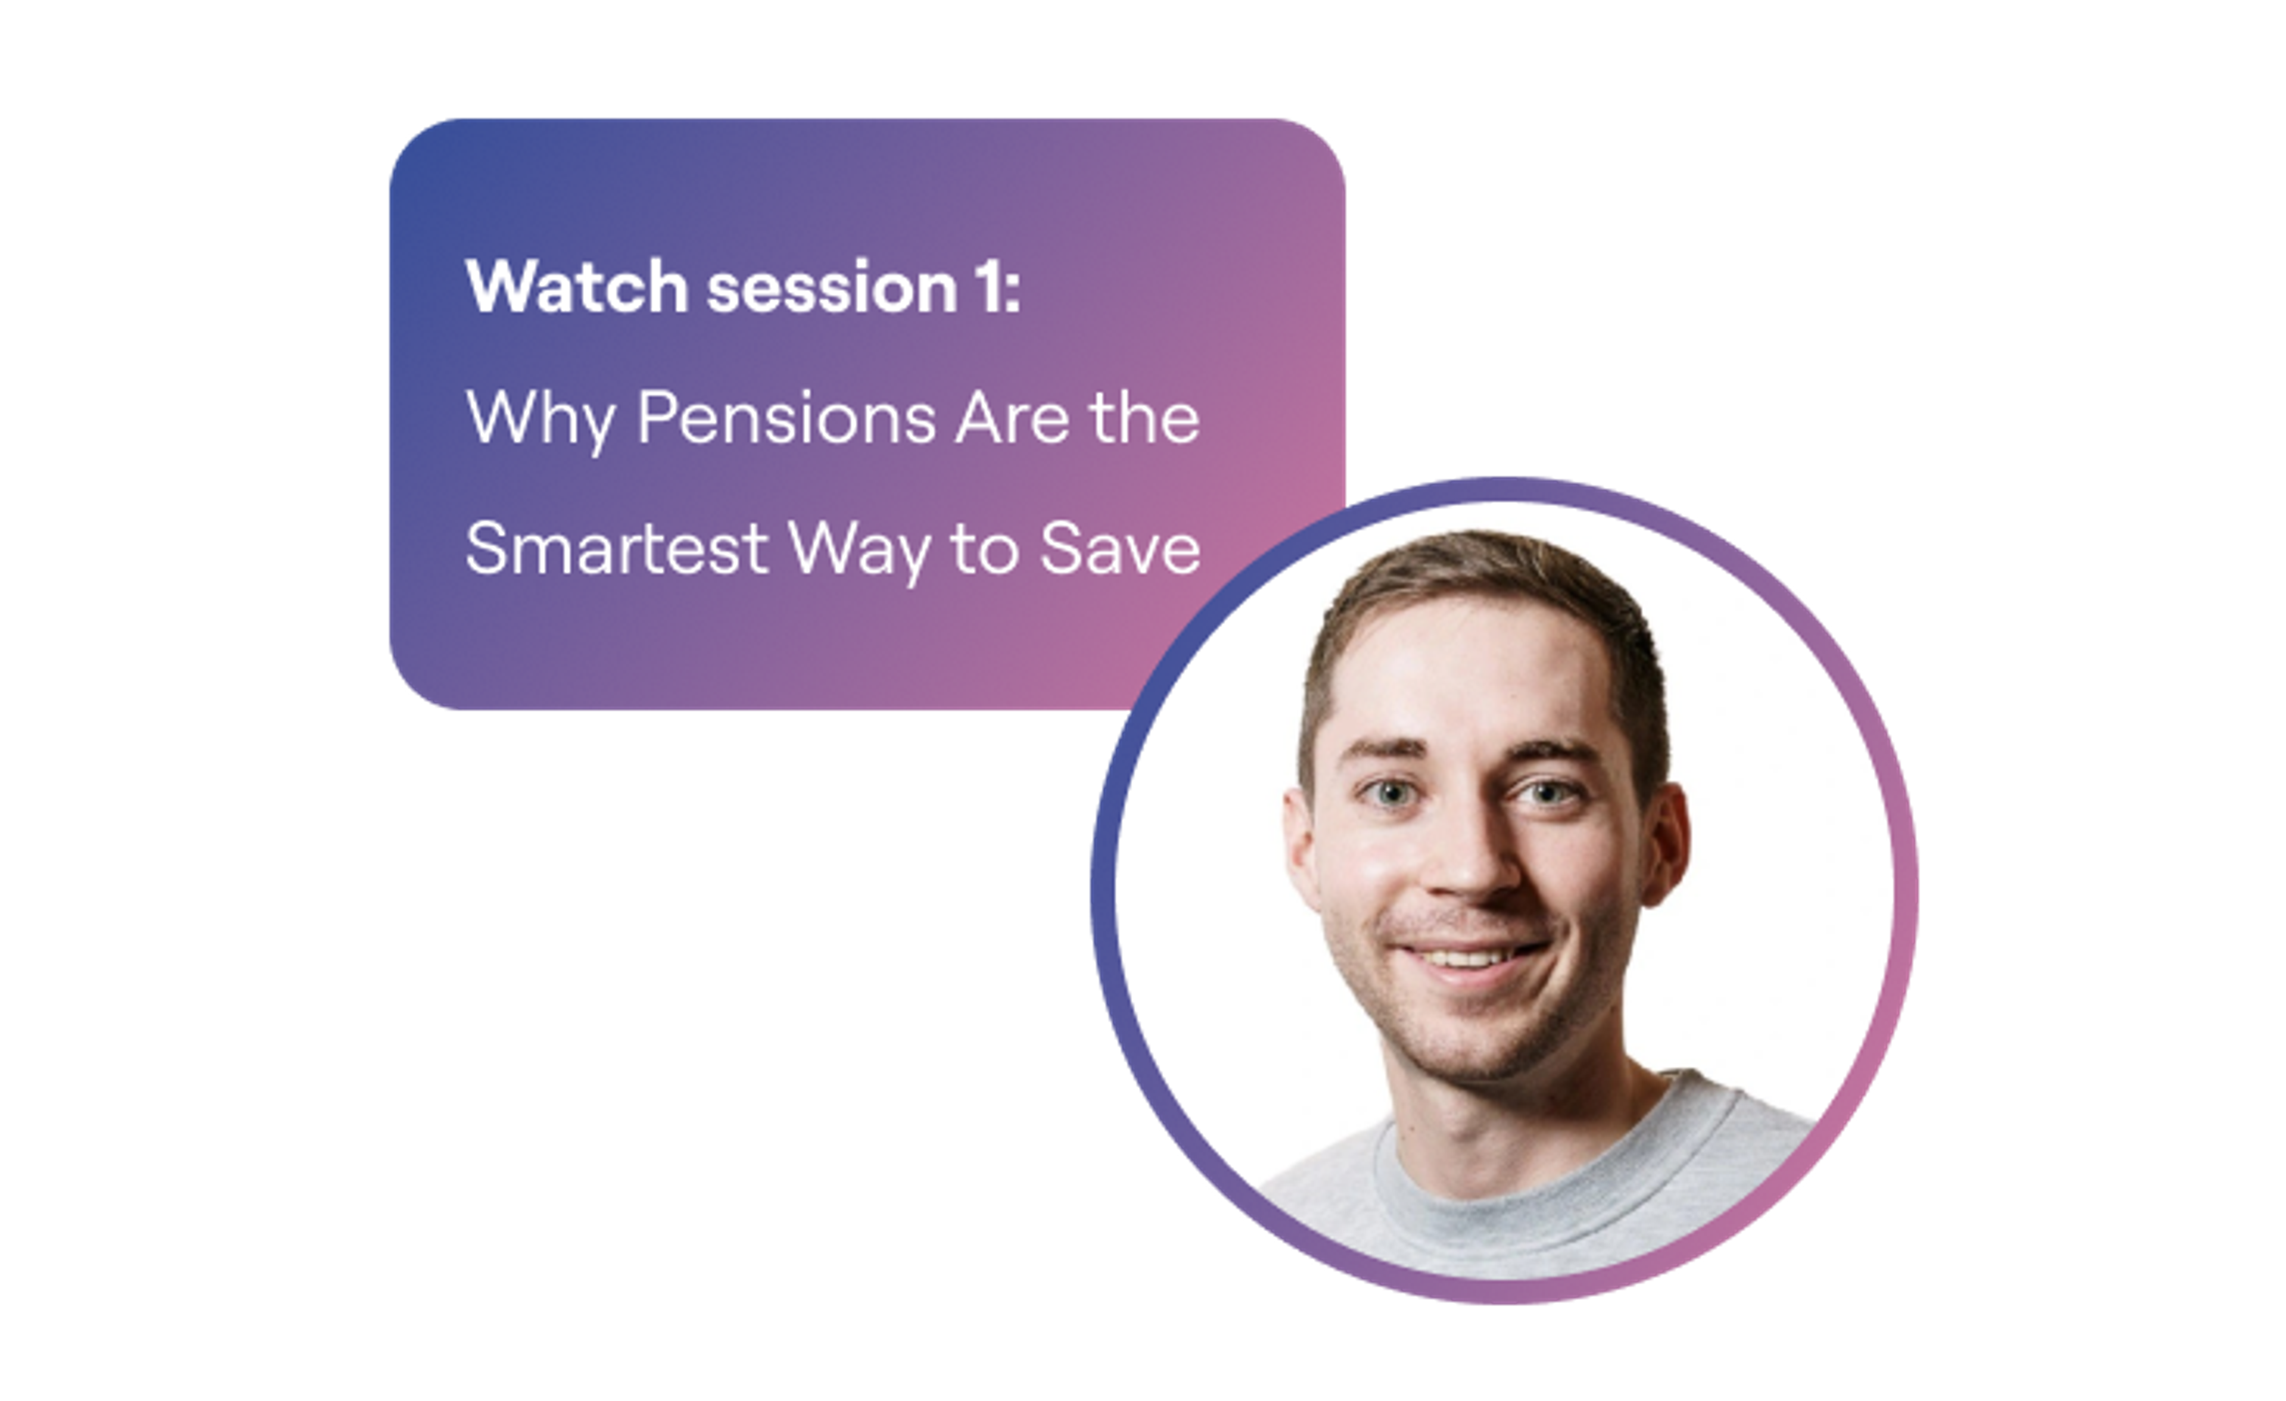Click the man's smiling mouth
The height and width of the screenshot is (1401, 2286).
click(x=1470, y=956)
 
